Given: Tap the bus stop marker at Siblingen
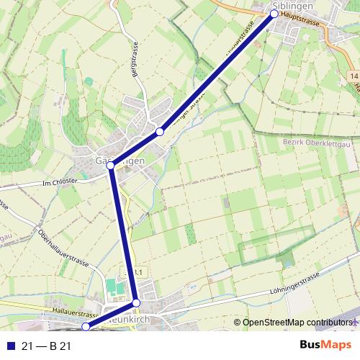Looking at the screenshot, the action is [274, 14].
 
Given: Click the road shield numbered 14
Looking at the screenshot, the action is [354, 76].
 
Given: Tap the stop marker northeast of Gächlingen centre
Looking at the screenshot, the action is [160, 132].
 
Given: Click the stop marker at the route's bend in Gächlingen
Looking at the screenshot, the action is [111, 166].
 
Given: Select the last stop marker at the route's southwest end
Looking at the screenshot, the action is [85, 327].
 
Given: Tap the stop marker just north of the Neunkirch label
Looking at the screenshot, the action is [136, 303].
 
